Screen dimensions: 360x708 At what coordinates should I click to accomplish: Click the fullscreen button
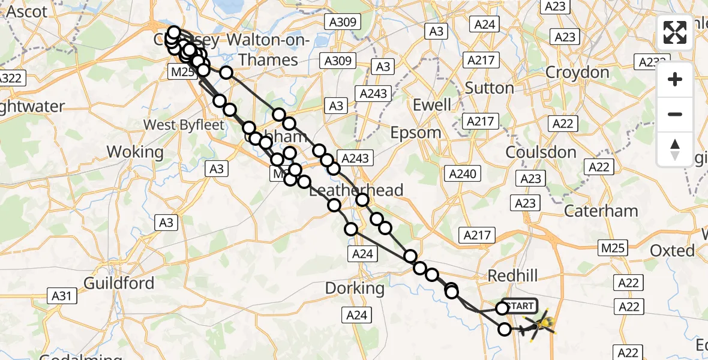coord(675,32)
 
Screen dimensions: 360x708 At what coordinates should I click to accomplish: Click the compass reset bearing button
coord(675,149)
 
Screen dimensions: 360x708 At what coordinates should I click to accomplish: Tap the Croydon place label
coord(577,73)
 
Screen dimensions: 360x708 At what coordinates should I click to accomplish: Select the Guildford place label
coord(119,283)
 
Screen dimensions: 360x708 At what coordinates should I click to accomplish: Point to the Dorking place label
coord(355,288)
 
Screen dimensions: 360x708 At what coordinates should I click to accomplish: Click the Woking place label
coord(135,152)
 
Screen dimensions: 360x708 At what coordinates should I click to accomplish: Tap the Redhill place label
coord(513,275)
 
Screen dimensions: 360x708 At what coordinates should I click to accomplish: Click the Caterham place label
coord(601,211)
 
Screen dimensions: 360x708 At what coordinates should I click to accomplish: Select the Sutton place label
coord(490,88)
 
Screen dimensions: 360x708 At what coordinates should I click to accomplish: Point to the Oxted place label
coord(673,250)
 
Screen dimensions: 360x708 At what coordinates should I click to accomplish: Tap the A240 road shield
coord(463,174)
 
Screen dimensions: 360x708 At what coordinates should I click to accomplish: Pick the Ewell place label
coord(432,105)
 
